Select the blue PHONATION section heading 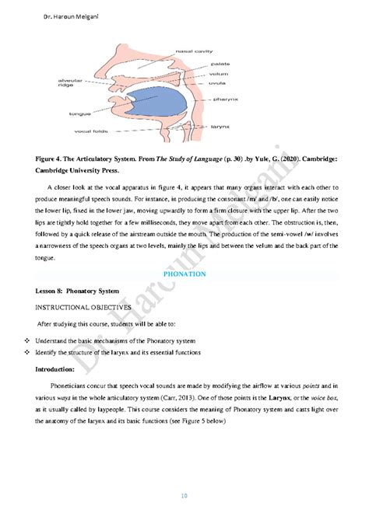(184, 274)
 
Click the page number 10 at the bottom (184, 494)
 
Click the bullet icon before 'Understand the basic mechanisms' (27, 340)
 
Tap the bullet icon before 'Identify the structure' (27, 352)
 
